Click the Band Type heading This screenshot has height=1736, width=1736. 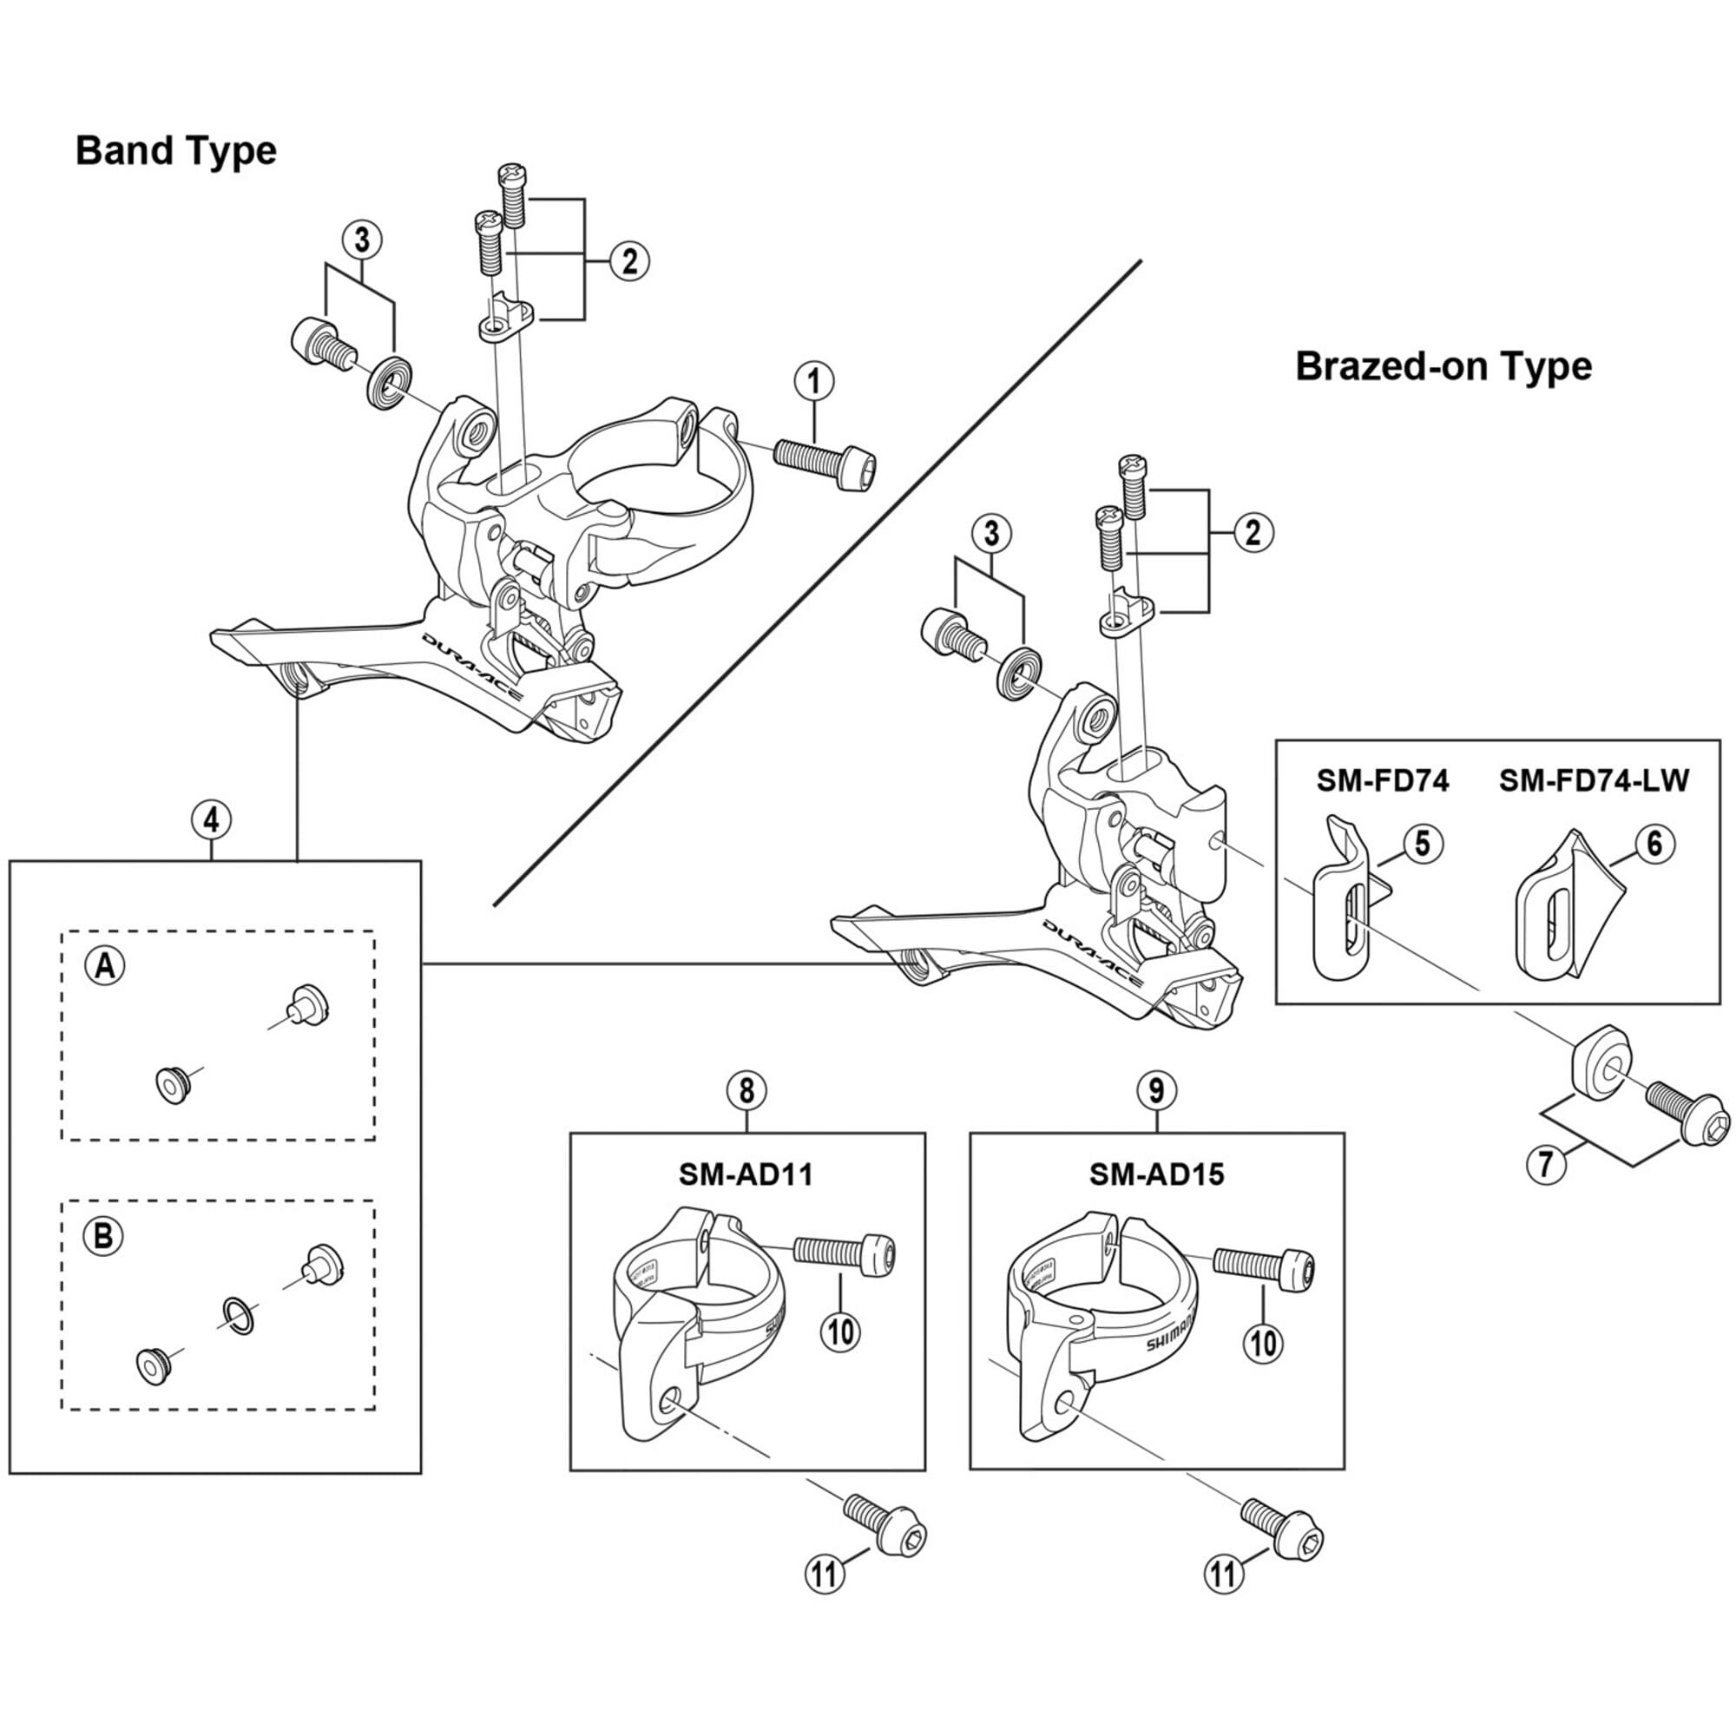click(x=176, y=151)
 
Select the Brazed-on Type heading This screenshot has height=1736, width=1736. click(x=1443, y=366)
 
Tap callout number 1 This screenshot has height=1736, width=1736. click(x=814, y=382)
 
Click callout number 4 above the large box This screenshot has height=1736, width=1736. click(x=211, y=819)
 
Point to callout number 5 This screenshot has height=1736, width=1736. click(x=1423, y=845)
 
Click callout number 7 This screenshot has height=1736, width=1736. click(x=1546, y=1164)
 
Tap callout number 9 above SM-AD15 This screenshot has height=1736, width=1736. click(x=1156, y=1090)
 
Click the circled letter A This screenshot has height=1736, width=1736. click(x=105, y=966)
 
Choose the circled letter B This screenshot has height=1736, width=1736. click(x=103, y=1236)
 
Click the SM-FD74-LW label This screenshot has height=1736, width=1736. click(x=1593, y=781)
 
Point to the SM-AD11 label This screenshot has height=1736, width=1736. click(x=746, y=1174)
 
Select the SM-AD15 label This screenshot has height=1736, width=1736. click(x=1156, y=1174)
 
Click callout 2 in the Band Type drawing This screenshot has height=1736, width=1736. click(x=629, y=260)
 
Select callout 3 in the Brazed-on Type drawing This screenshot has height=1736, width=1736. click(x=991, y=534)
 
